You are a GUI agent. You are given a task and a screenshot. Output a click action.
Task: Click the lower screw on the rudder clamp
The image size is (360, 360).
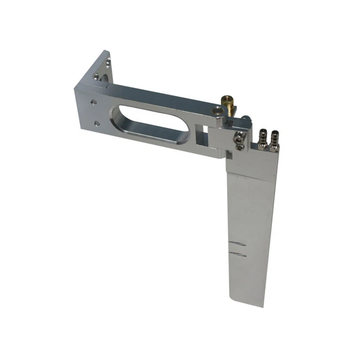(x=240, y=146)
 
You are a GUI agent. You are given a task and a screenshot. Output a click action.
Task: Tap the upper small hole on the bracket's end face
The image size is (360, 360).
(x=92, y=102)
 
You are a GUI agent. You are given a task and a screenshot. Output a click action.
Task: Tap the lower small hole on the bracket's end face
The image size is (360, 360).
(x=97, y=123)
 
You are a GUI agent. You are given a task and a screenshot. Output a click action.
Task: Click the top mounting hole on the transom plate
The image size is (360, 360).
(x=108, y=64)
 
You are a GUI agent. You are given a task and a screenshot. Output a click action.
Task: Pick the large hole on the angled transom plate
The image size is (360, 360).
(x=97, y=78)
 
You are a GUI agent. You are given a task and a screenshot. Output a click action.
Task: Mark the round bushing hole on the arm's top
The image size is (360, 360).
(x=218, y=111)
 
